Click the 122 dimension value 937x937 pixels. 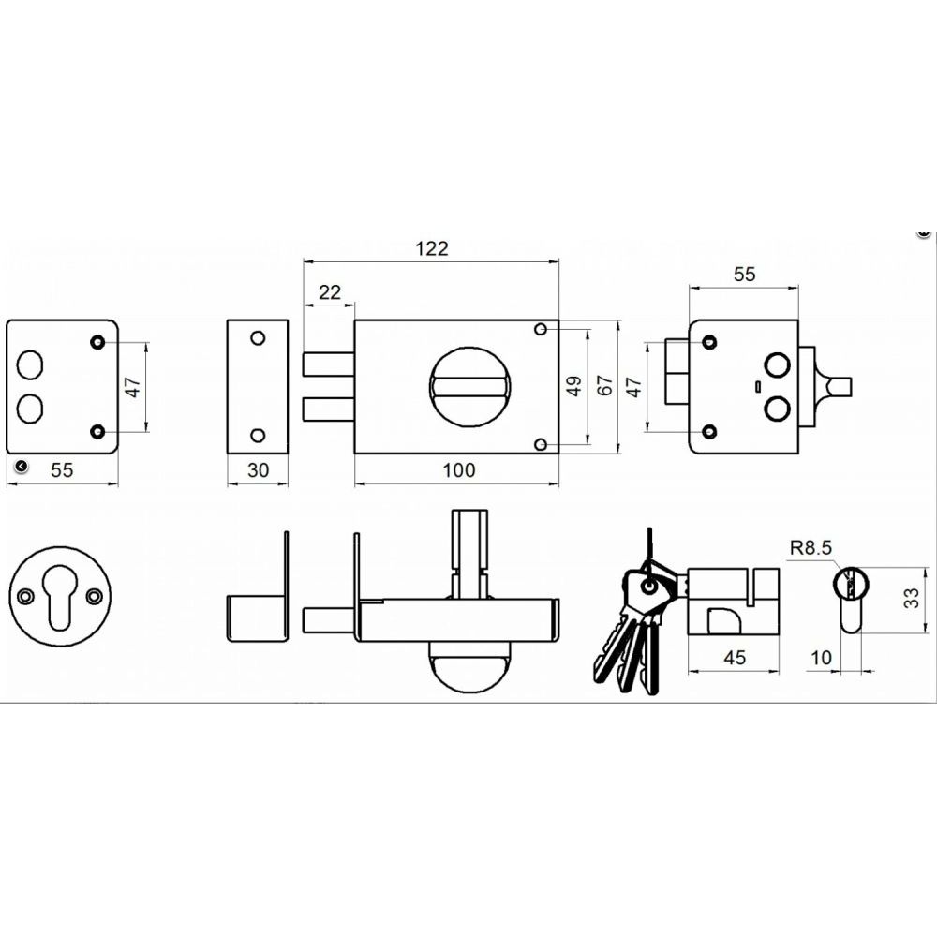431,248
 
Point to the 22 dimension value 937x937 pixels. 329,292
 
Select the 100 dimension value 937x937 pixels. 459,470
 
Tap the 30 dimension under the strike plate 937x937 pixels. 259,470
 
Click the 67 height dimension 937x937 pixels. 604,385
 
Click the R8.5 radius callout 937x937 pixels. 811,547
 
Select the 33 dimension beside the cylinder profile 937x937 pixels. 911,598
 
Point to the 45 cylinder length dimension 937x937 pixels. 735,658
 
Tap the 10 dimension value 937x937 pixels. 821,658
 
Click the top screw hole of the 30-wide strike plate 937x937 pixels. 258,338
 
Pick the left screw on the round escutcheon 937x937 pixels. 24,596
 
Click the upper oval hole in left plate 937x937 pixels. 30,365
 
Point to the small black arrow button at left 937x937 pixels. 21,466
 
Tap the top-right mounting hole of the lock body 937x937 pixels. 541,329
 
